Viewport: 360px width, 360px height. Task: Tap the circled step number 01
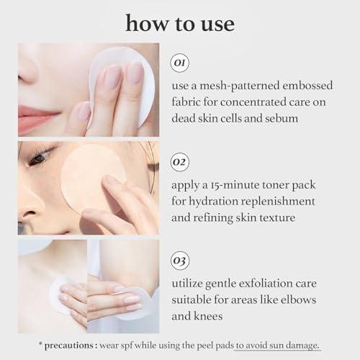click(180, 63)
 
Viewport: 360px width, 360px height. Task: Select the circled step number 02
click(180, 160)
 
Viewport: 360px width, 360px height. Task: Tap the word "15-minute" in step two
click(230, 185)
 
